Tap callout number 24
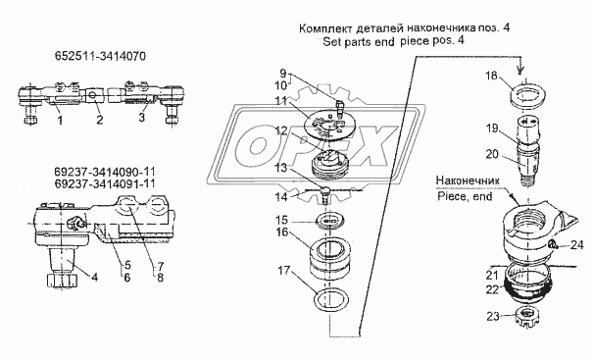point(576,245)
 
